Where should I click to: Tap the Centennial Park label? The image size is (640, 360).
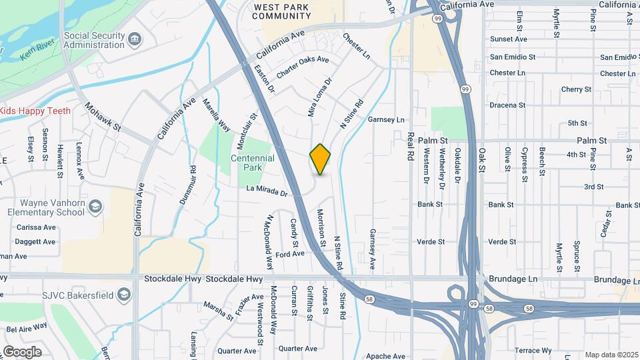(x=252, y=163)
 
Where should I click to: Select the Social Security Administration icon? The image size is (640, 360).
(x=135, y=39)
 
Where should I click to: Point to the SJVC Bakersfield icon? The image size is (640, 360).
(x=123, y=294)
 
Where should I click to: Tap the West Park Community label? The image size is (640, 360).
(x=283, y=11)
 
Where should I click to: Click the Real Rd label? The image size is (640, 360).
(x=411, y=146)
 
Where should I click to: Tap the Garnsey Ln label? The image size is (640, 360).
(x=387, y=120)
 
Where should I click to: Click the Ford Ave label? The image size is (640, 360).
(x=289, y=254)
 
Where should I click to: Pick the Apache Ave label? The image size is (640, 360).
(x=386, y=357)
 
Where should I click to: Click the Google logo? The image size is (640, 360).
(x=22, y=352)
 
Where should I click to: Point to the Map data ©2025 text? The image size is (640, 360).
(x=611, y=355)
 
